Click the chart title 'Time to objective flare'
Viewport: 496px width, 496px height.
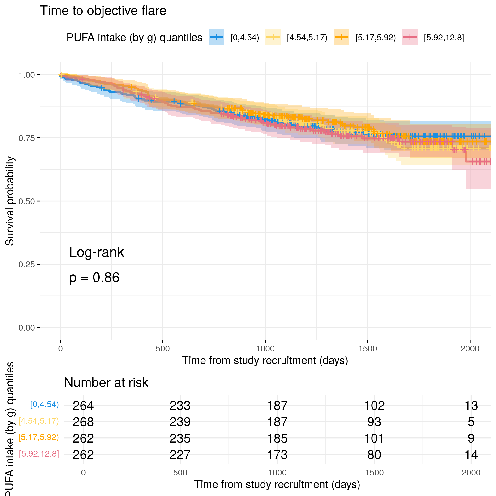tap(103, 11)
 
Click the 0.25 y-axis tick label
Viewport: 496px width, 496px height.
tap(26, 265)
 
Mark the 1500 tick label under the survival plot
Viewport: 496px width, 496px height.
tap(368, 349)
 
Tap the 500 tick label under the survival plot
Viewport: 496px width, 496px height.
tap(162, 349)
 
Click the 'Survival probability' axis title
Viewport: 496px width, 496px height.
tap(10, 201)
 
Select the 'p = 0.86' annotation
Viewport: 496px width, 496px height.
tap(94, 278)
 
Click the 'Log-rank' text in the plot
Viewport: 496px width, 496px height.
tap(96, 252)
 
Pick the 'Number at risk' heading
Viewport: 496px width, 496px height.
tap(106, 383)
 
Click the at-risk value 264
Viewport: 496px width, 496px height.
tap(83, 406)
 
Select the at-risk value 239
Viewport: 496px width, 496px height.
tap(180, 422)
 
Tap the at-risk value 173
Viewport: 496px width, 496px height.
tap(277, 455)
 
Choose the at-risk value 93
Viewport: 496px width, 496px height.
tap(374, 422)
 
